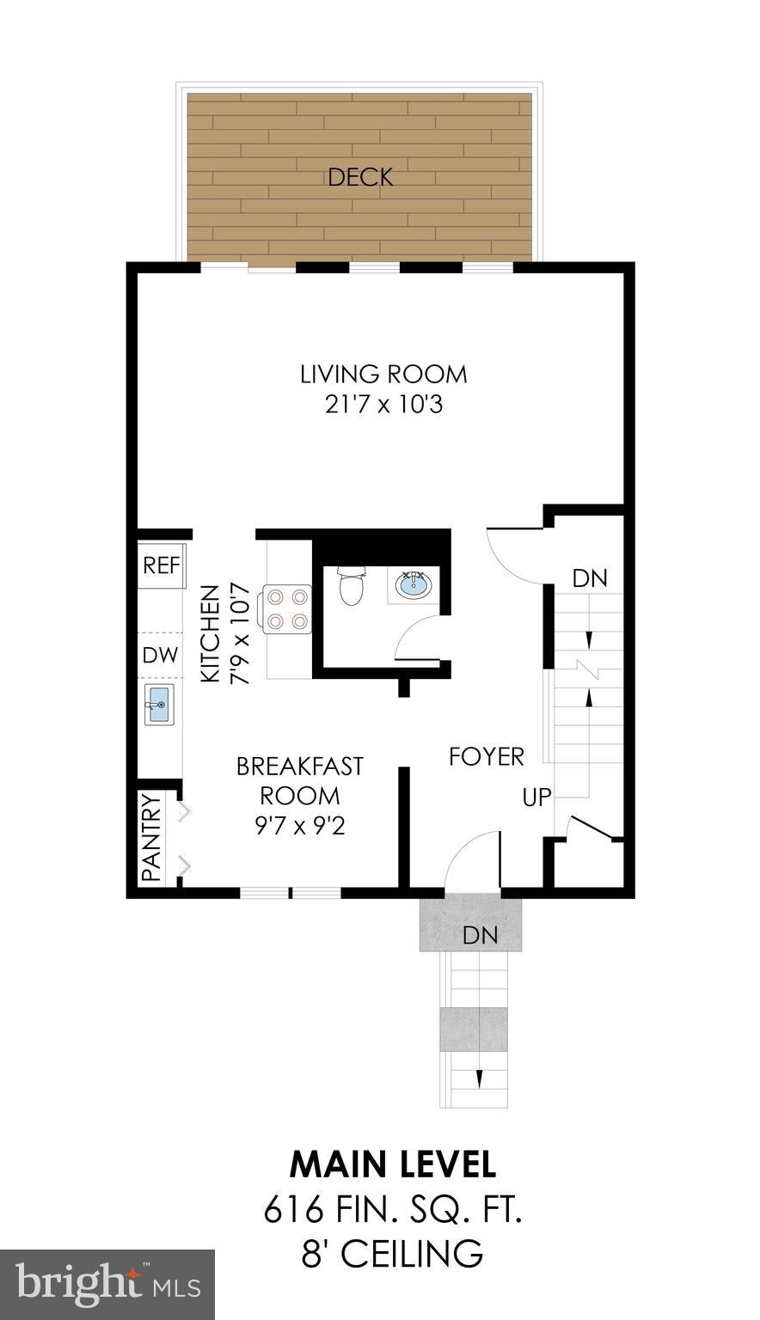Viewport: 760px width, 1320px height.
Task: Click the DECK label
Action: point(360,178)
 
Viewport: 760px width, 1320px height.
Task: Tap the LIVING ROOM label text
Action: point(383,375)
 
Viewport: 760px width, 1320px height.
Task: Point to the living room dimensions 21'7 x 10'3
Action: point(383,404)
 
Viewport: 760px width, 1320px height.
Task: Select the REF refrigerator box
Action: point(162,565)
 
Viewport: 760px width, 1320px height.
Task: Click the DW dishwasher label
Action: point(161,655)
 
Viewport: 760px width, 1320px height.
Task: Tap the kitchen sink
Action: point(159,705)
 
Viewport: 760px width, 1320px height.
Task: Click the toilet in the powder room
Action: point(352,587)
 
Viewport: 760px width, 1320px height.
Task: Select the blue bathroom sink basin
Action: point(414,586)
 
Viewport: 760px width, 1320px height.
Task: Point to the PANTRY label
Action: point(151,839)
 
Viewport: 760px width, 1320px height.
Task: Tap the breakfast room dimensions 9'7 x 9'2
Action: point(299,827)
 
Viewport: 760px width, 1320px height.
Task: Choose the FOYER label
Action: point(487,756)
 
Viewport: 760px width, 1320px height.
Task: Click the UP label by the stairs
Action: point(537,797)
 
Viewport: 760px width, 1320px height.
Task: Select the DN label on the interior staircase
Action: point(590,578)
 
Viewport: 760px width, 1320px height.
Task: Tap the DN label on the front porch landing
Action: point(480,935)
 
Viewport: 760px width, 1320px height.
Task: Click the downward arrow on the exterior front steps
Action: point(479,1079)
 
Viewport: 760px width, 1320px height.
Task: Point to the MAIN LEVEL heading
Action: point(393,1164)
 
